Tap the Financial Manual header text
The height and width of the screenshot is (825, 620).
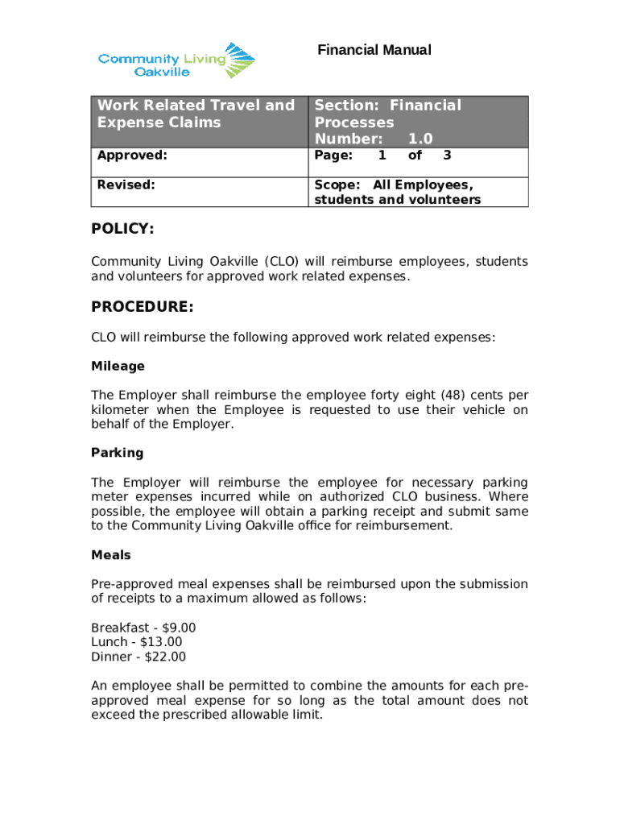pos(374,50)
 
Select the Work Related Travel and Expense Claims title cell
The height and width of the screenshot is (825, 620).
pos(196,114)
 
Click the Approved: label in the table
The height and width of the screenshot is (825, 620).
pos(132,155)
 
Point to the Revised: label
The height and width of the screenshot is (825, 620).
pos(126,184)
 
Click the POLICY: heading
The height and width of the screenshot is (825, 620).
pos(122,230)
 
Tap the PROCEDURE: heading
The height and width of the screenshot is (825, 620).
pos(142,307)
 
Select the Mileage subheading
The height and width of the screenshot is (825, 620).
pos(118,366)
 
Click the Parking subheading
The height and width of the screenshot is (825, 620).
pos(117,453)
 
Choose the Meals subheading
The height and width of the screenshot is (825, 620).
pos(110,555)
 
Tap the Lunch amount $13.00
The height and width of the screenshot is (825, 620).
pos(161,642)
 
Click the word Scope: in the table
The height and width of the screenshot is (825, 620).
pos(338,185)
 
